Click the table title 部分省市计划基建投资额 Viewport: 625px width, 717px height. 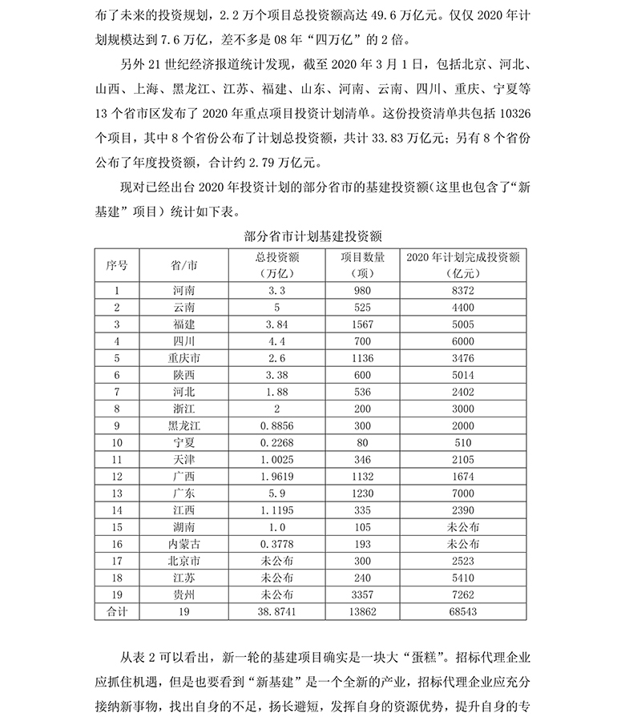pos(312,237)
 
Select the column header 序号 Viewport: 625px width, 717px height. pos(117,264)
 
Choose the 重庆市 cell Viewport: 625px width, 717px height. pos(184,357)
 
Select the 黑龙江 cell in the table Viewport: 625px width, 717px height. pos(184,425)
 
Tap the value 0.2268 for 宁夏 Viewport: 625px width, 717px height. pos(277,442)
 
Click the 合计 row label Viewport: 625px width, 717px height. pos(117,611)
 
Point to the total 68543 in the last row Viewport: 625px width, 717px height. pos(463,611)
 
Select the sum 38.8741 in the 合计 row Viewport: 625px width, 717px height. pos(277,611)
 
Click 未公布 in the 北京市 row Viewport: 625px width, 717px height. pos(277,561)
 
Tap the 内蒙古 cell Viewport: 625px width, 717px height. pos(184,544)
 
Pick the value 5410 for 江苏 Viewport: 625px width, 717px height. pos(463,578)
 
